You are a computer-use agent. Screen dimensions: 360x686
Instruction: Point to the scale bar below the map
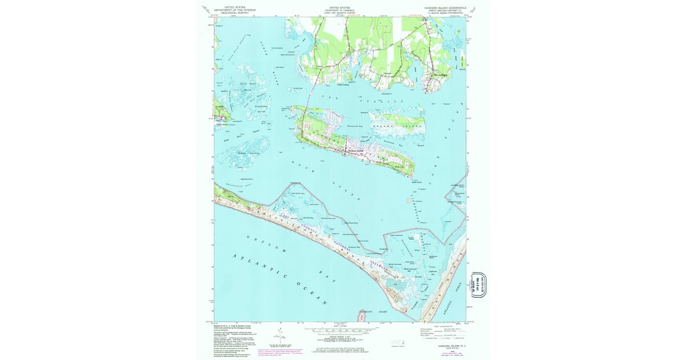tap(340, 330)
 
